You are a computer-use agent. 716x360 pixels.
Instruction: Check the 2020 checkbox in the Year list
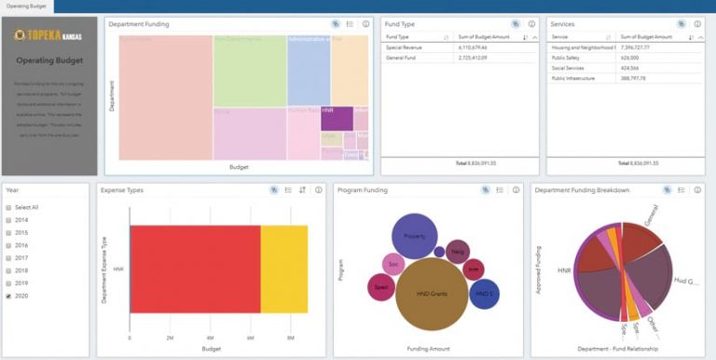(8, 296)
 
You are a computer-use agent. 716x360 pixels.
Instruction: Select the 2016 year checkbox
(8, 245)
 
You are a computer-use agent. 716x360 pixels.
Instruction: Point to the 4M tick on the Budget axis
(210, 338)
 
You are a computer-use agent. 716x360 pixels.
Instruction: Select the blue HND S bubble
(484, 294)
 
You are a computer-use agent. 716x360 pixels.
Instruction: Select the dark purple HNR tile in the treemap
(336, 118)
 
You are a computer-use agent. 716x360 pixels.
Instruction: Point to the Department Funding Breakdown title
(583, 190)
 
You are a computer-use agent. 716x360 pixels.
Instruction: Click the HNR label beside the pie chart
(564, 270)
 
